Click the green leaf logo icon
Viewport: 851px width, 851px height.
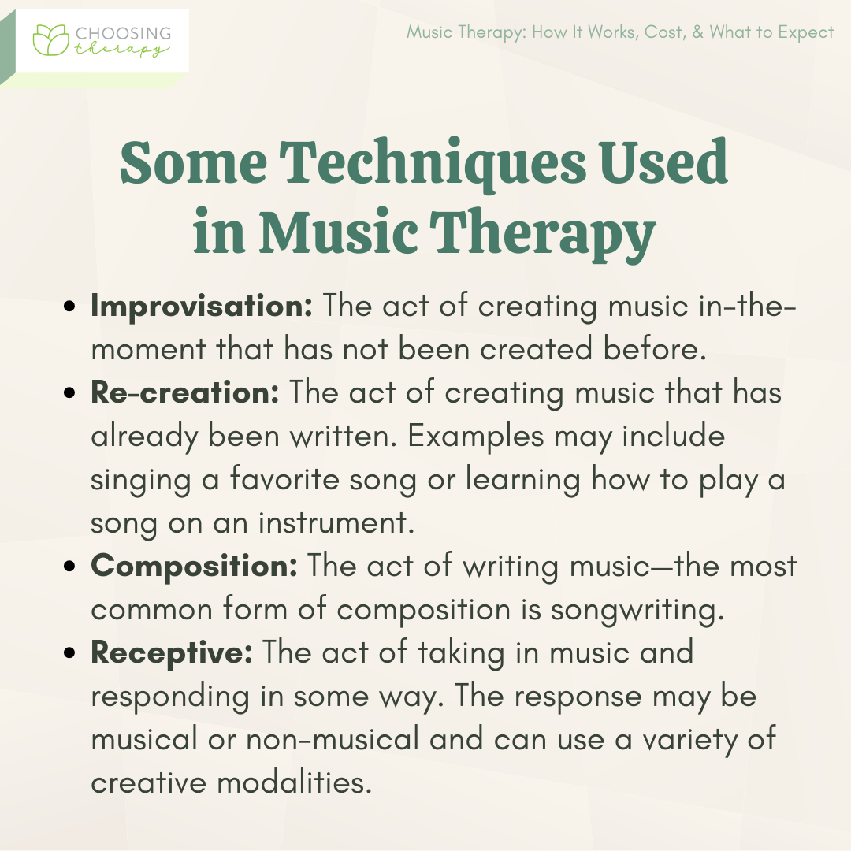51,39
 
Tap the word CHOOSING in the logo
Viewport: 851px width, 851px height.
123,33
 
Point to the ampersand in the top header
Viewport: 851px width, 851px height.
697,32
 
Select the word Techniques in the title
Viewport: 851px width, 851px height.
433,162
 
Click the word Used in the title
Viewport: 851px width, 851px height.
663,162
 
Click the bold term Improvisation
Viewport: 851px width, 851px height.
202,306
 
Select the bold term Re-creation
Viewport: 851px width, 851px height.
184,392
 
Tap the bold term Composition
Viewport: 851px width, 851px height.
194,566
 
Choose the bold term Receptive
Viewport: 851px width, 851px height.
172,652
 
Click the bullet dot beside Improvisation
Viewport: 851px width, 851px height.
69,306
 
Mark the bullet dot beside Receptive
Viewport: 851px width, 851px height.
69,652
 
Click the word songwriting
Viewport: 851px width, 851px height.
637,610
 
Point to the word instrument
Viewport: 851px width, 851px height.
336,522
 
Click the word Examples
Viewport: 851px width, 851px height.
475,437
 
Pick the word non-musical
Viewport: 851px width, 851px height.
333,739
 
